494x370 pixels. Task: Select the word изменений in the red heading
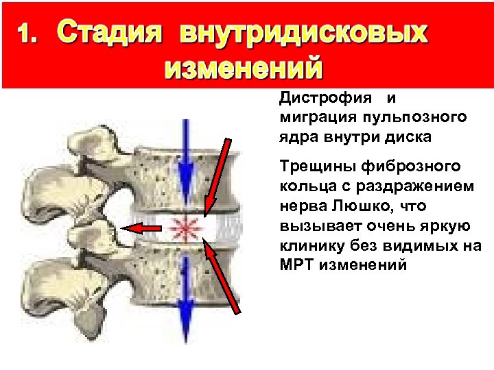pos(243,69)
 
